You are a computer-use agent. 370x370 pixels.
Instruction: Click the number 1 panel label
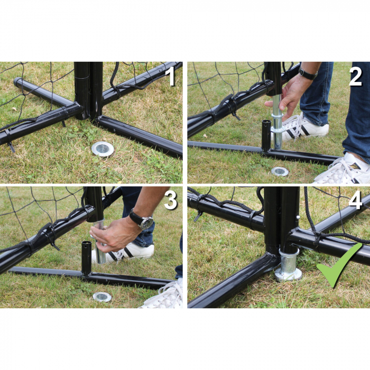click(170, 76)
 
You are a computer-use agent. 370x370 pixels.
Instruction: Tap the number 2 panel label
click(355, 77)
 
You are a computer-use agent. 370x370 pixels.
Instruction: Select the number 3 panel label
click(170, 200)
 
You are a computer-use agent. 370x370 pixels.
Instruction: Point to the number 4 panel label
click(355, 201)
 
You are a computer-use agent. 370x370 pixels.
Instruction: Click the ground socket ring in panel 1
click(103, 149)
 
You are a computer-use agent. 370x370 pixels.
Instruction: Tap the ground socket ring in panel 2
click(280, 171)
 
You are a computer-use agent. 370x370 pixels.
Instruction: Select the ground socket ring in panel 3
click(102, 297)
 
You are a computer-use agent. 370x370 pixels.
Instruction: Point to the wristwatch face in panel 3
click(147, 223)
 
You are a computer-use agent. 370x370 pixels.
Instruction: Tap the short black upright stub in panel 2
click(266, 136)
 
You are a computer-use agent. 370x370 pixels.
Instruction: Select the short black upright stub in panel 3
click(86, 258)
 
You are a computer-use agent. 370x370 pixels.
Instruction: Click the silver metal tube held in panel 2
click(277, 122)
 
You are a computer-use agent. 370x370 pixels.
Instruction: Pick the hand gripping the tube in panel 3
click(113, 234)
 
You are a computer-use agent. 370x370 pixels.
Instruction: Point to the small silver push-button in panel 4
click(298, 217)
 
